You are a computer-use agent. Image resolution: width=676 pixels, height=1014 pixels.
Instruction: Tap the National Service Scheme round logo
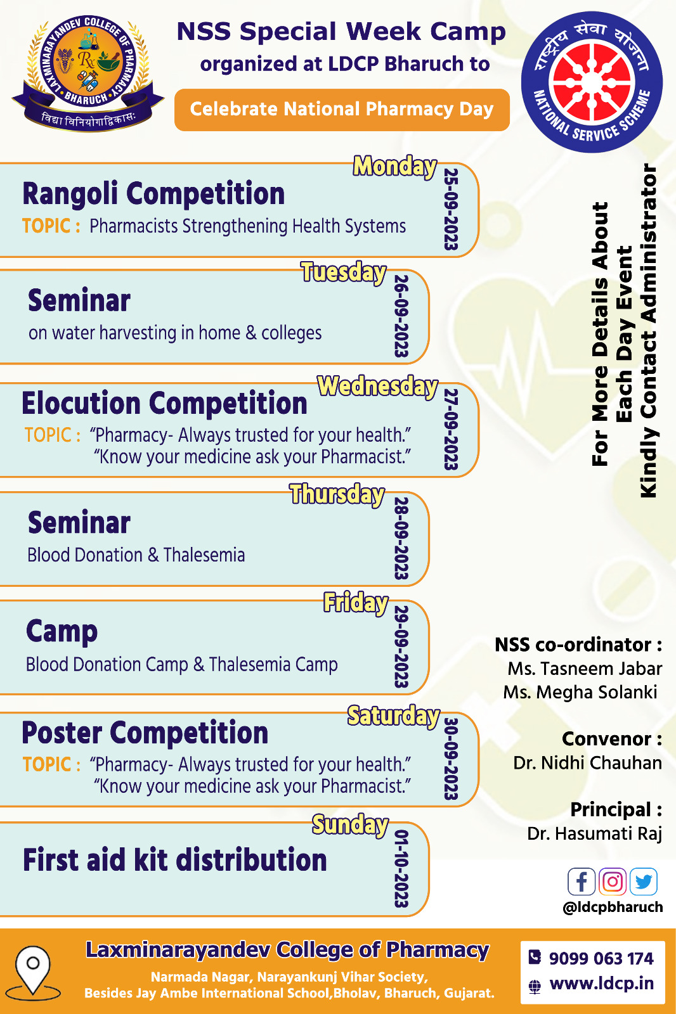592,82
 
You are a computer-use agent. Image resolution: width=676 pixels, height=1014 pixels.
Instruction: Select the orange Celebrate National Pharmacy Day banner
342,110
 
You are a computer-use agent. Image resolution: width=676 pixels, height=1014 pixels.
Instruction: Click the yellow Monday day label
395,166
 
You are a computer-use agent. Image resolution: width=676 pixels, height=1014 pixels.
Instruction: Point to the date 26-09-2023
401,316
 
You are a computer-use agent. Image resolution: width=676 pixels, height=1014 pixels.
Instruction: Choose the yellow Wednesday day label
377,387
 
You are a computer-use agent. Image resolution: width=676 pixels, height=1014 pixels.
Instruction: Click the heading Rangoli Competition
153,194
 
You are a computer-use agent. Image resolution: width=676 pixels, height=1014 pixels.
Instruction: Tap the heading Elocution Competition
164,403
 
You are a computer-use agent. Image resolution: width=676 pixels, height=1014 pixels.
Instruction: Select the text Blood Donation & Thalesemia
136,555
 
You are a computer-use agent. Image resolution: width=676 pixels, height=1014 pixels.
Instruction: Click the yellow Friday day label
356,603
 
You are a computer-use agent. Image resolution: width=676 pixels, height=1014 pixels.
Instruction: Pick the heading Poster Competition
145,733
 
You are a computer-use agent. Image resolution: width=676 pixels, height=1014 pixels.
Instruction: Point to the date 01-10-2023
401,869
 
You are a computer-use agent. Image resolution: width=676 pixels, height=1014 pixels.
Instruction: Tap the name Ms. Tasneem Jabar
585,669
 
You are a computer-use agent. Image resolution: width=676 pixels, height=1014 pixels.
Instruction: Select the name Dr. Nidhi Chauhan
588,763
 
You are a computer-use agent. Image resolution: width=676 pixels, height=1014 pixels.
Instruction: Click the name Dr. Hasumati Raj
594,833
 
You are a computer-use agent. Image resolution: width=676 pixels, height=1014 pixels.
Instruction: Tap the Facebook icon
582,882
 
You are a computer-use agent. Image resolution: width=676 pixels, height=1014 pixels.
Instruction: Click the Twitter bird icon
644,882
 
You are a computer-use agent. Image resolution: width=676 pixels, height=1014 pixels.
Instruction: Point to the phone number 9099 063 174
601,958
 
